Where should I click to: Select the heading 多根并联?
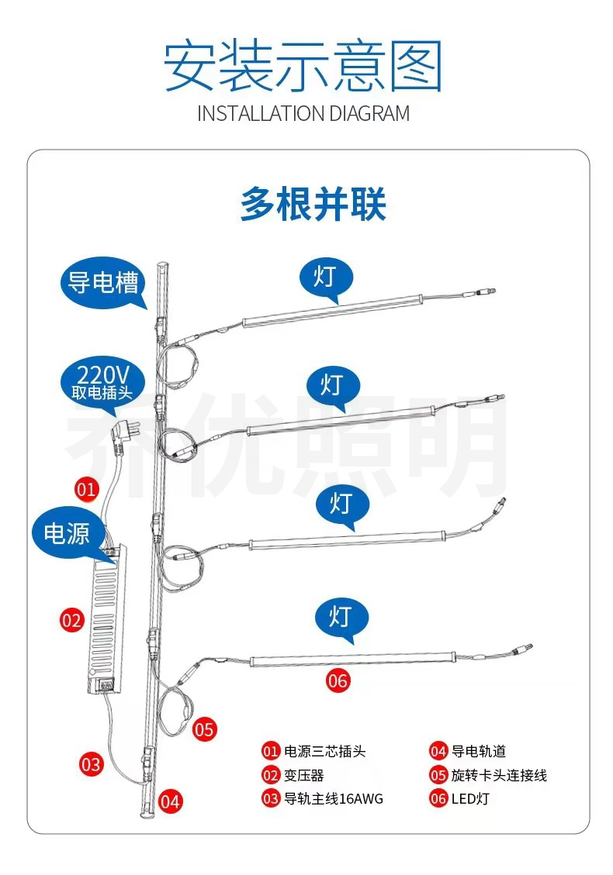[313, 205]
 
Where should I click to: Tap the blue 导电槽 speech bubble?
[101, 282]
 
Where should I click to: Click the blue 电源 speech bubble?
[67, 533]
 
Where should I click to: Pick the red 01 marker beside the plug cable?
[86, 489]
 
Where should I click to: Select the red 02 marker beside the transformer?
[71, 620]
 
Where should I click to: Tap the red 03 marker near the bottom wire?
[92, 764]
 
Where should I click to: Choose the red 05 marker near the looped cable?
[204, 729]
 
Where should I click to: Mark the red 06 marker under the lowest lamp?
[338, 681]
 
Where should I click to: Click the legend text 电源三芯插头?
[324, 750]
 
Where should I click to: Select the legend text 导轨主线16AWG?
[334, 798]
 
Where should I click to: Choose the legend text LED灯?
[470, 798]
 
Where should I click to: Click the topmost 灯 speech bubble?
[325, 277]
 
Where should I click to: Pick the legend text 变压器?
[304, 774]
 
